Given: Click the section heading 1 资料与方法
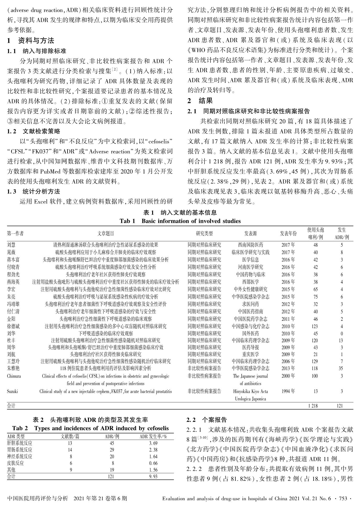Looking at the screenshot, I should (31, 41).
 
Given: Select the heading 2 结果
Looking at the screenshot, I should (200, 101).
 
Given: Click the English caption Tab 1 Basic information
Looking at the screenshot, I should (180, 221).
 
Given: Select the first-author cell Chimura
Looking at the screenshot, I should (14, 376).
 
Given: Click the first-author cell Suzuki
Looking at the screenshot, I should (12, 391).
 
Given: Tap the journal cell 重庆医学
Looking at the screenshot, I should (250, 354).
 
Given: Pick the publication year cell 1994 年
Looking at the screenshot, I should (288, 391).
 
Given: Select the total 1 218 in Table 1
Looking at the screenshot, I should (313, 406).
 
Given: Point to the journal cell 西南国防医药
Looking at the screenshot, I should (250, 245).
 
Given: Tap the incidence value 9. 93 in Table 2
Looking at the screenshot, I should (153, 476).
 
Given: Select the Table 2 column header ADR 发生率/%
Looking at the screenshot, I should (153, 437).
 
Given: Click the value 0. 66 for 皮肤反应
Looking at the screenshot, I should (153, 463).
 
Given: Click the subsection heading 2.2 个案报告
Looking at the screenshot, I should (207, 420).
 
